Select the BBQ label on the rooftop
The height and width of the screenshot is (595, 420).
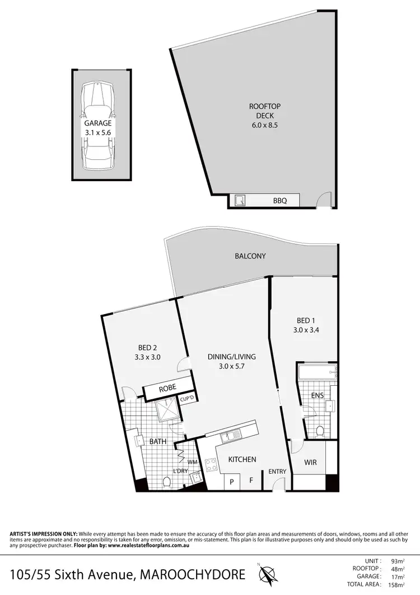279,200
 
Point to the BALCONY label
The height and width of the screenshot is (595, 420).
250,256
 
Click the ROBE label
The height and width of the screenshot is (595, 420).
167,388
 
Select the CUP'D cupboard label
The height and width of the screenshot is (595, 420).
186,399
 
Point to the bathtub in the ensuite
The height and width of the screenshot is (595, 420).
317,372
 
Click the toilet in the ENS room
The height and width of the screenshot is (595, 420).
320,431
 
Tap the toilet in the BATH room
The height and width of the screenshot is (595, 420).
166,482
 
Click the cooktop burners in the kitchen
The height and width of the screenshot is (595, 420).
212,465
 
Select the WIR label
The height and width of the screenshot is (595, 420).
311,463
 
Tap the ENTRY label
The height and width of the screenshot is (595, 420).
277,472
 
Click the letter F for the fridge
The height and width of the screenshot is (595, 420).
251,481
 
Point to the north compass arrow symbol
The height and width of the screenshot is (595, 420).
267,574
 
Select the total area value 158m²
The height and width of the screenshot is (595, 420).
395,584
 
